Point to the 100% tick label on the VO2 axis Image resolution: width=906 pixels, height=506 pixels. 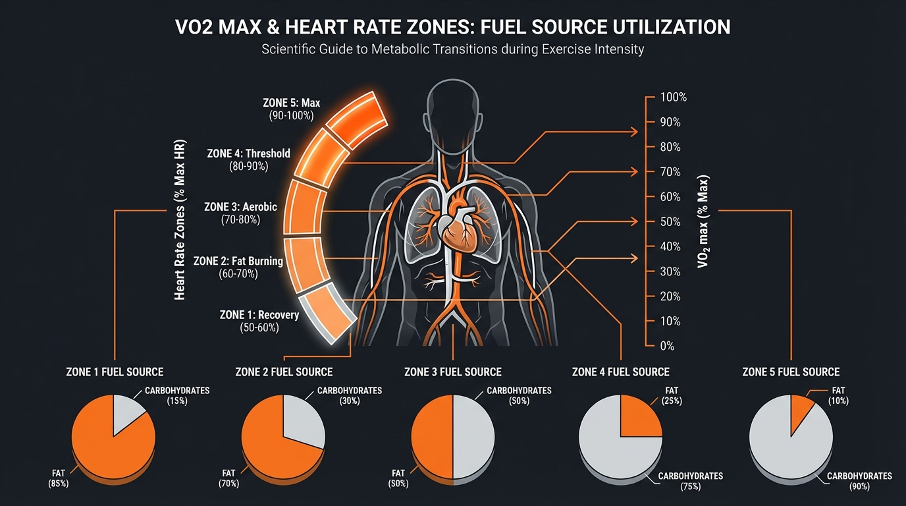pyautogui.click(x=673, y=98)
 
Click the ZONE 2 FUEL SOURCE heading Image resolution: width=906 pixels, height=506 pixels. pyautogui.click(x=284, y=372)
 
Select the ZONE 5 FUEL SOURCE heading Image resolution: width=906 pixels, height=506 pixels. pyautogui.click(x=791, y=372)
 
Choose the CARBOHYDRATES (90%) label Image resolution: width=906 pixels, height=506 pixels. pyautogui.click(x=859, y=481)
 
